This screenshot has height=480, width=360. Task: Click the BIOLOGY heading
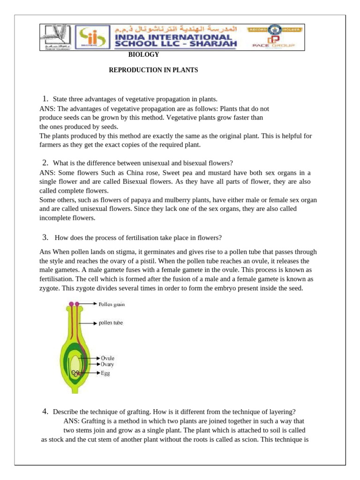click(x=144, y=55)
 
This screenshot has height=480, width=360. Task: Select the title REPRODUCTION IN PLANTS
click(x=154, y=70)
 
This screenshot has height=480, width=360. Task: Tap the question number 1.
click(x=45, y=98)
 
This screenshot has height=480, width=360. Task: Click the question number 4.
click(x=45, y=412)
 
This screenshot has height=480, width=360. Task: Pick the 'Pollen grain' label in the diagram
click(x=112, y=304)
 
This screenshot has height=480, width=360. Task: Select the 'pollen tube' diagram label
click(x=111, y=323)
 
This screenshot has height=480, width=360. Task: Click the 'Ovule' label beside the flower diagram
click(x=108, y=358)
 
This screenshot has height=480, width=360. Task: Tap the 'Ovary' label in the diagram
click(x=108, y=364)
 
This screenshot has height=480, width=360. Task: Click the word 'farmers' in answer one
click(x=50, y=145)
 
